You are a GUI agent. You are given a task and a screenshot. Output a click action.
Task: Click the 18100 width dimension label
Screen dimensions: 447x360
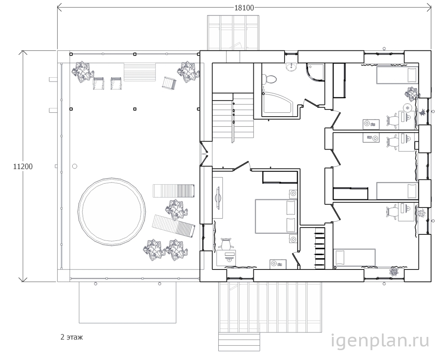244,8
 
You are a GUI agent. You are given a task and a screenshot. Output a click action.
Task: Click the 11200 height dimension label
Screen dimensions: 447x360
23,167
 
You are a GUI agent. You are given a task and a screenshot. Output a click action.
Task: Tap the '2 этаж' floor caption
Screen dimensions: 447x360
72,337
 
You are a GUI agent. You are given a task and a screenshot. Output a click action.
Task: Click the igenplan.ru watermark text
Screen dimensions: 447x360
380,341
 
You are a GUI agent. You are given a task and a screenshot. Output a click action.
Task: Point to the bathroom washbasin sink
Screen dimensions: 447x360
291,67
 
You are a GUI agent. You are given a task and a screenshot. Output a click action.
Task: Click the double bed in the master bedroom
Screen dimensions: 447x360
276,217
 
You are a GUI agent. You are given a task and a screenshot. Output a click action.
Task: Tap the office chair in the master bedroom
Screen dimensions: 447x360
226,244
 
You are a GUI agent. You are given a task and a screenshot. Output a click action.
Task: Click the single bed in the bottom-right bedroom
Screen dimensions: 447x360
354,257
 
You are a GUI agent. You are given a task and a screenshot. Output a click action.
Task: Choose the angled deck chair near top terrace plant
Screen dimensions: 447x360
169,84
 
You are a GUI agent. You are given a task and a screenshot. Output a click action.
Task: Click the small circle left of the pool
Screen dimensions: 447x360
75,166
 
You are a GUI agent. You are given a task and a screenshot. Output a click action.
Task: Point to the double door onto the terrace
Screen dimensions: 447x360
205,154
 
